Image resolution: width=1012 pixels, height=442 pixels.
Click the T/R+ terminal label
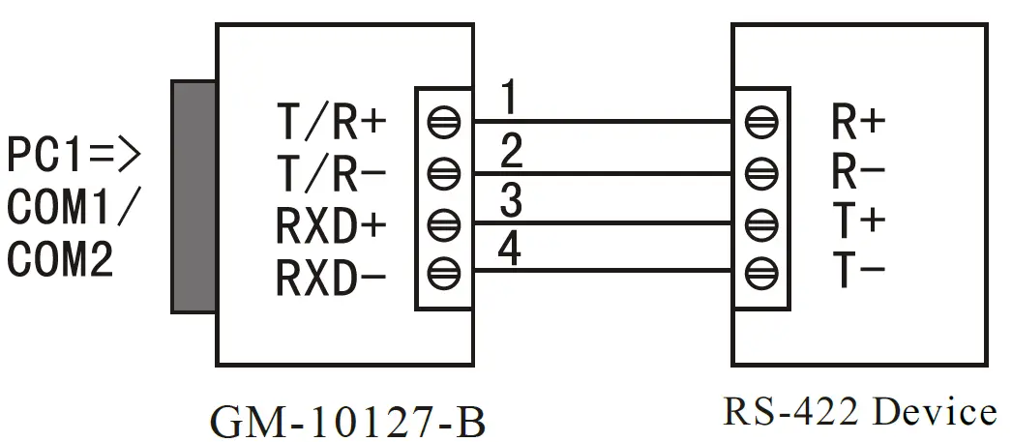(331, 123)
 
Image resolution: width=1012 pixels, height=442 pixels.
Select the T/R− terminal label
(331, 173)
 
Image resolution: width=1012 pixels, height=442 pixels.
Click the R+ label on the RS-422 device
(858, 122)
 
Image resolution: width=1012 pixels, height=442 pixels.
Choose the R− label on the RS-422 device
(858, 172)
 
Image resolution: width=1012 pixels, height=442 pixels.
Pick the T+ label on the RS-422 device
(858, 222)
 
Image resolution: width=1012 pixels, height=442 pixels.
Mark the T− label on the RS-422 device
(858, 273)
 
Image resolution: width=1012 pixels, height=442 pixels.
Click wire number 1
(510, 99)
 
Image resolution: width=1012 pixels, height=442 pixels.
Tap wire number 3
(512, 202)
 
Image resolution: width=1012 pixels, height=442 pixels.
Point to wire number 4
(512, 252)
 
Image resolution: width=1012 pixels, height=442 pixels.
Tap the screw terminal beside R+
(760, 123)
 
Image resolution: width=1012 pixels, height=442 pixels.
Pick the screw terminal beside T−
(760, 272)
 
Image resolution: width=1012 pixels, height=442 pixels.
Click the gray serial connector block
(193, 197)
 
